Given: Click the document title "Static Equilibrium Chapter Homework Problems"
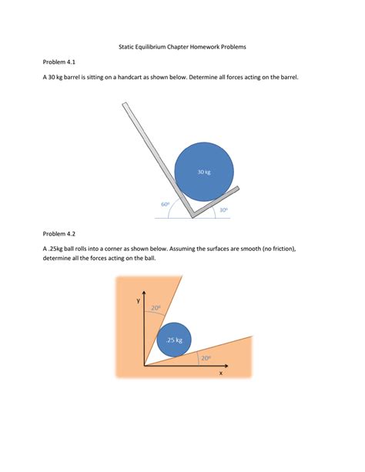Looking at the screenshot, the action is pyautogui.click(x=182, y=47).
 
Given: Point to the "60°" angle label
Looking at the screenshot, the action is pyautogui.click(x=166, y=204).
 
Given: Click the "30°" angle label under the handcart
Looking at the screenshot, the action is pyautogui.click(x=223, y=209).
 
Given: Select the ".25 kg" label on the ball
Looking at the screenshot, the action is pyautogui.click(x=174, y=340).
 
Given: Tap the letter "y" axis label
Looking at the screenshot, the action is pyautogui.click(x=139, y=301).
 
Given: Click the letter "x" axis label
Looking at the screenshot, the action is pyautogui.click(x=221, y=373).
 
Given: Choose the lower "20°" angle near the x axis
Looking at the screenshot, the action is pyautogui.click(x=206, y=357).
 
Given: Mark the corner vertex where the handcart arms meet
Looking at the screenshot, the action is pyautogui.click(x=193, y=215).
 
